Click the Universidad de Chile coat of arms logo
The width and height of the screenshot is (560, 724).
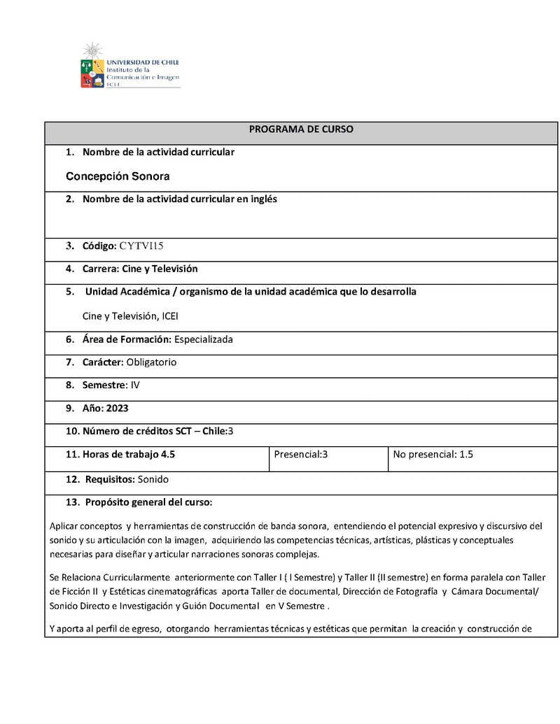click(92, 67)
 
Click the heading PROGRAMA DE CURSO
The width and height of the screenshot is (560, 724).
click(301, 129)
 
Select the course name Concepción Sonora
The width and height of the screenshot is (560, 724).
click(118, 176)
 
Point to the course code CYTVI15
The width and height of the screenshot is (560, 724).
click(141, 246)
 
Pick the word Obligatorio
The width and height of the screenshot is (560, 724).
click(151, 362)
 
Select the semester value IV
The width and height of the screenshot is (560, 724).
click(135, 385)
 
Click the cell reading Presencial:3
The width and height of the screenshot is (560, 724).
click(301, 454)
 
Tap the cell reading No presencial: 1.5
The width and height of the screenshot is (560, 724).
click(433, 454)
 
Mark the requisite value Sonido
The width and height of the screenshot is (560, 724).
click(153, 479)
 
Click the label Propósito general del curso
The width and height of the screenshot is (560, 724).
click(148, 502)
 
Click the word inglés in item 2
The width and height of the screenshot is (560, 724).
click(262, 199)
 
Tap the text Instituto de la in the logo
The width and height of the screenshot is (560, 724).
click(128, 70)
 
